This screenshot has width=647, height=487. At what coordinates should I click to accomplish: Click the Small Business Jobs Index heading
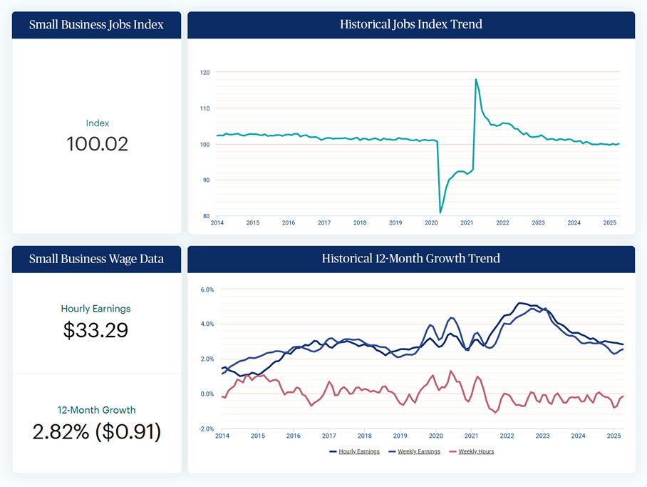pyautogui.click(x=96, y=25)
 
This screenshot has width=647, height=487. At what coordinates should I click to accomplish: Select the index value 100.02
pyautogui.click(x=98, y=144)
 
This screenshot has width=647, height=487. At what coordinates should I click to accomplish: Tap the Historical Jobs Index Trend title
pyautogui.click(x=410, y=24)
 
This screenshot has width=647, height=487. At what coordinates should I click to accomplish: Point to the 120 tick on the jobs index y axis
pyautogui.click(x=205, y=73)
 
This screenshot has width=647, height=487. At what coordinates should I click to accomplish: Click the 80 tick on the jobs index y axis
pyautogui.click(x=206, y=216)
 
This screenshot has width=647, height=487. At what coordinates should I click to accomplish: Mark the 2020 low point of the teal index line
pyautogui.click(x=440, y=212)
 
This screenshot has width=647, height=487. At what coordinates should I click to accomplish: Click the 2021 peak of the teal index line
pyautogui.click(x=475, y=79)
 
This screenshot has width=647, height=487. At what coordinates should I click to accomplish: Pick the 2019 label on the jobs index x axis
pyautogui.click(x=395, y=223)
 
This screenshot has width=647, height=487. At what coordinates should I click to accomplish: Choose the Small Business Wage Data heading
pyautogui.click(x=96, y=259)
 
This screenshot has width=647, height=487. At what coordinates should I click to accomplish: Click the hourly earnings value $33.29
pyautogui.click(x=96, y=330)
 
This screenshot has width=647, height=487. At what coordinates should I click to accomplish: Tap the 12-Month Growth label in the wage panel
pyautogui.click(x=96, y=410)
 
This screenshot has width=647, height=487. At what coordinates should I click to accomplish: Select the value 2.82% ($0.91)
pyautogui.click(x=96, y=431)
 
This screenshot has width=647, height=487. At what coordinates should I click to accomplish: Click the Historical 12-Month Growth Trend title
pyautogui.click(x=410, y=259)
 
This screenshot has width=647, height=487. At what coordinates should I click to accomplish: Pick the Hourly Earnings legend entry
pyautogui.click(x=354, y=451)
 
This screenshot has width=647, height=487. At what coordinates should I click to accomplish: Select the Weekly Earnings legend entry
pyautogui.click(x=414, y=451)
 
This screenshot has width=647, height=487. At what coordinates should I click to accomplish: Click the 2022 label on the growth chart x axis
pyautogui.click(x=507, y=436)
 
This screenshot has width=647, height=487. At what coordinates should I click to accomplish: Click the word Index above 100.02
pyautogui.click(x=98, y=123)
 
